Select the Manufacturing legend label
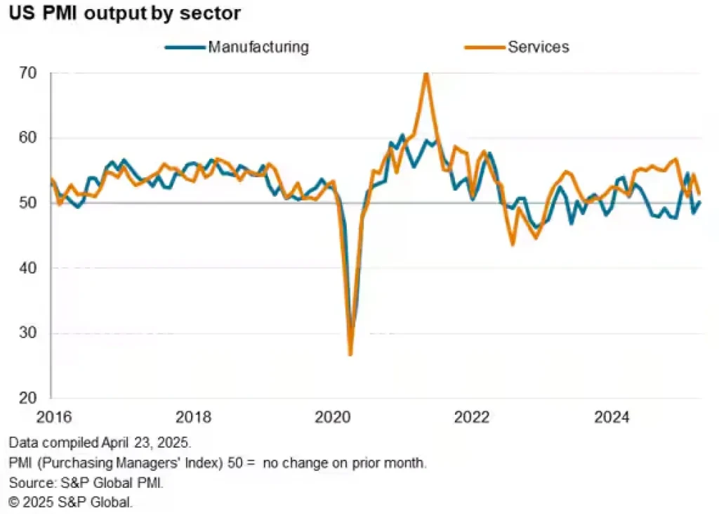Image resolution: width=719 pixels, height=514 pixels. click(258, 48)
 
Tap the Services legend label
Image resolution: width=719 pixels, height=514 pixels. click(539, 48)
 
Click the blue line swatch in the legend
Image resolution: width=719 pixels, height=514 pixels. click(185, 48)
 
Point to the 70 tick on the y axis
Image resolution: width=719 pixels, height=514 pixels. click(29, 73)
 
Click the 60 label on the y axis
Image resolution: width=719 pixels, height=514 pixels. click(29, 138)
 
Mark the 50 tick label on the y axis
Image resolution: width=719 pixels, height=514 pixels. click(29, 203)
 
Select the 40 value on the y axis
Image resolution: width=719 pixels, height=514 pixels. click(29, 268)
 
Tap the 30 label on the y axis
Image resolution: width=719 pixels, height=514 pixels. click(29, 333)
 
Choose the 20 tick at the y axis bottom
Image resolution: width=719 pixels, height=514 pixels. click(29, 398)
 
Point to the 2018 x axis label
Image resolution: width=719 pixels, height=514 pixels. click(193, 417)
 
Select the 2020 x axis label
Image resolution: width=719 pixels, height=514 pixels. click(332, 417)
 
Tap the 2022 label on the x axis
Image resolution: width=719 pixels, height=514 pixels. click(472, 417)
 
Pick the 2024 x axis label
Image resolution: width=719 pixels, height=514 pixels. click(612, 417)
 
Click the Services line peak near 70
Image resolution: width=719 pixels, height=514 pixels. click(426, 73)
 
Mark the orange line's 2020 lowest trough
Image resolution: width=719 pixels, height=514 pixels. click(350, 354)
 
